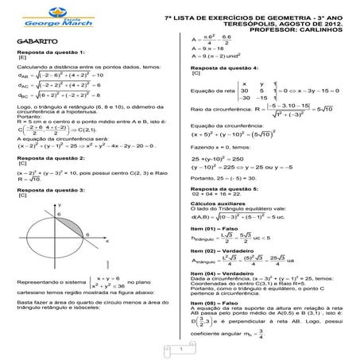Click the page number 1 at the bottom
tap(181, 350)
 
